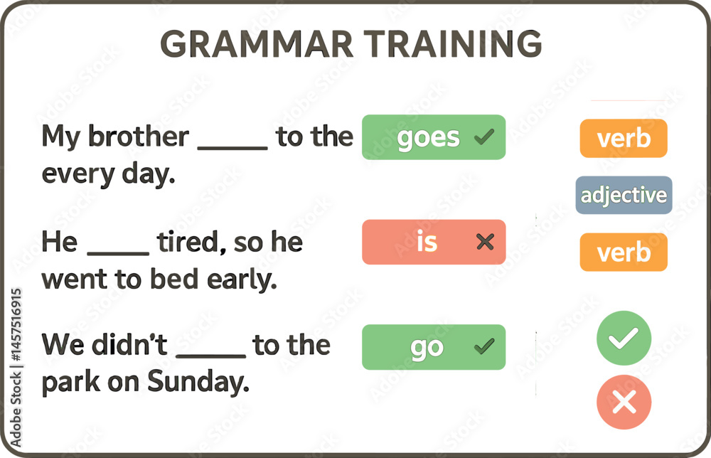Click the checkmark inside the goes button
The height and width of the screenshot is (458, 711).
(x=483, y=137)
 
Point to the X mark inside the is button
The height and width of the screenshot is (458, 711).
(x=485, y=243)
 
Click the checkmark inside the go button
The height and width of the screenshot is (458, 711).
(x=483, y=346)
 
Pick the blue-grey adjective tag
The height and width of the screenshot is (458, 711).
(x=624, y=195)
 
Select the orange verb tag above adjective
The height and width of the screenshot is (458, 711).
(x=624, y=138)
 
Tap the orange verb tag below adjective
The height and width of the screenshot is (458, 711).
(x=624, y=252)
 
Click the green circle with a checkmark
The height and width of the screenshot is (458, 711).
(x=624, y=339)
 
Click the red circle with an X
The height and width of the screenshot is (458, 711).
(x=624, y=403)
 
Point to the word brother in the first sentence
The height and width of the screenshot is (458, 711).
(x=138, y=136)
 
